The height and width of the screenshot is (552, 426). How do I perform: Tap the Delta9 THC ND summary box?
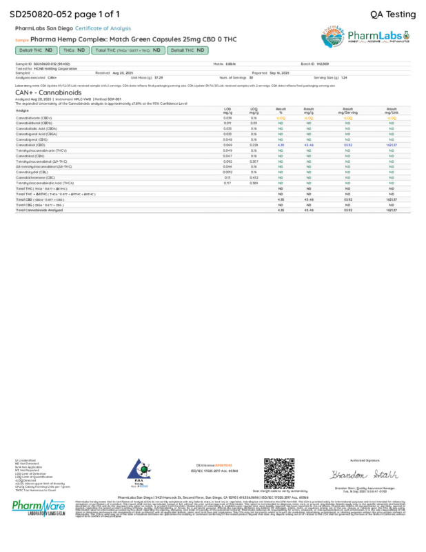pyautogui.click(x=35, y=50)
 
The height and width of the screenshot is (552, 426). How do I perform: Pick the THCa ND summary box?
pyautogui.click(x=74, y=50)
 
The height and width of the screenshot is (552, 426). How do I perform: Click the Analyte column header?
pyautogui.click(x=22, y=110)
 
